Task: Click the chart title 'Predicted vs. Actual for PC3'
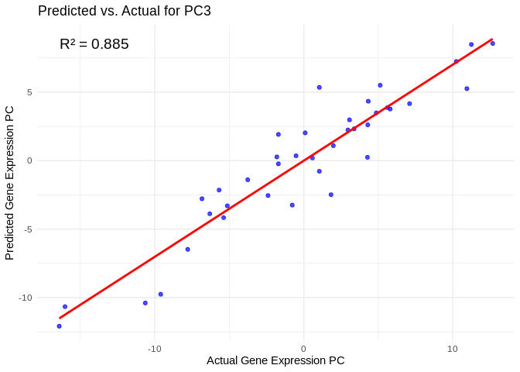click(x=124, y=11)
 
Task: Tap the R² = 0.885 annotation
click(x=94, y=44)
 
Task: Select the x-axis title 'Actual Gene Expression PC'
click(x=275, y=360)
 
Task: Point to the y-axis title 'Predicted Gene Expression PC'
click(x=10, y=182)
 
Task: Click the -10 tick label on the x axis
click(x=154, y=349)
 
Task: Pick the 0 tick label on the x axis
click(x=303, y=349)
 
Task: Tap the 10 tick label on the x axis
click(x=453, y=349)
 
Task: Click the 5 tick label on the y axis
click(x=28, y=92)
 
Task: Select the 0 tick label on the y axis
click(x=28, y=160)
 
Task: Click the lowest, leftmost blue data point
click(x=59, y=326)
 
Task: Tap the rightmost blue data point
click(x=492, y=43)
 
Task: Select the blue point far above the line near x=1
click(x=319, y=88)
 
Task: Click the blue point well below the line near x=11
click(x=467, y=88)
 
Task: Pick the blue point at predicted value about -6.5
click(x=187, y=250)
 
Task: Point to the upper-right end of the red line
click(x=492, y=39)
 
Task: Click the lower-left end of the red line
click(x=60, y=318)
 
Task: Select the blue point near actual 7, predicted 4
click(x=409, y=104)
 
